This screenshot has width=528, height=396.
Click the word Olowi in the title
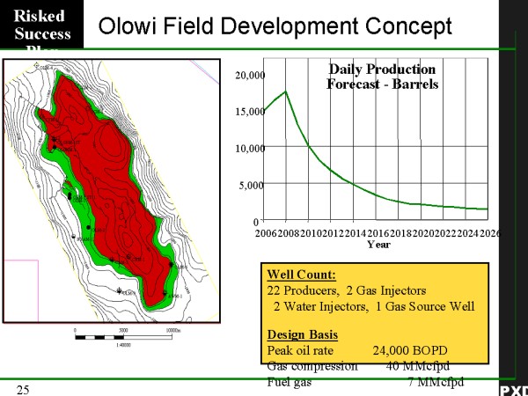tap(128, 26)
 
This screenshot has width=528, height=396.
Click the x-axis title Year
tap(379, 245)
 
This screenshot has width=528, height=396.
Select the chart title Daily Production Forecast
tap(382, 77)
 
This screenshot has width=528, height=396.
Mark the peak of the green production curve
tap(286, 91)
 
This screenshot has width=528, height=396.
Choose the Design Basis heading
tap(301, 334)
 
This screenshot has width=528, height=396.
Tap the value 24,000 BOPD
tap(407, 349)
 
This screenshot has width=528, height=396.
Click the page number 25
tap(24, 388)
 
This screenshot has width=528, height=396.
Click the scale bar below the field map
tap(123, 335)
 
